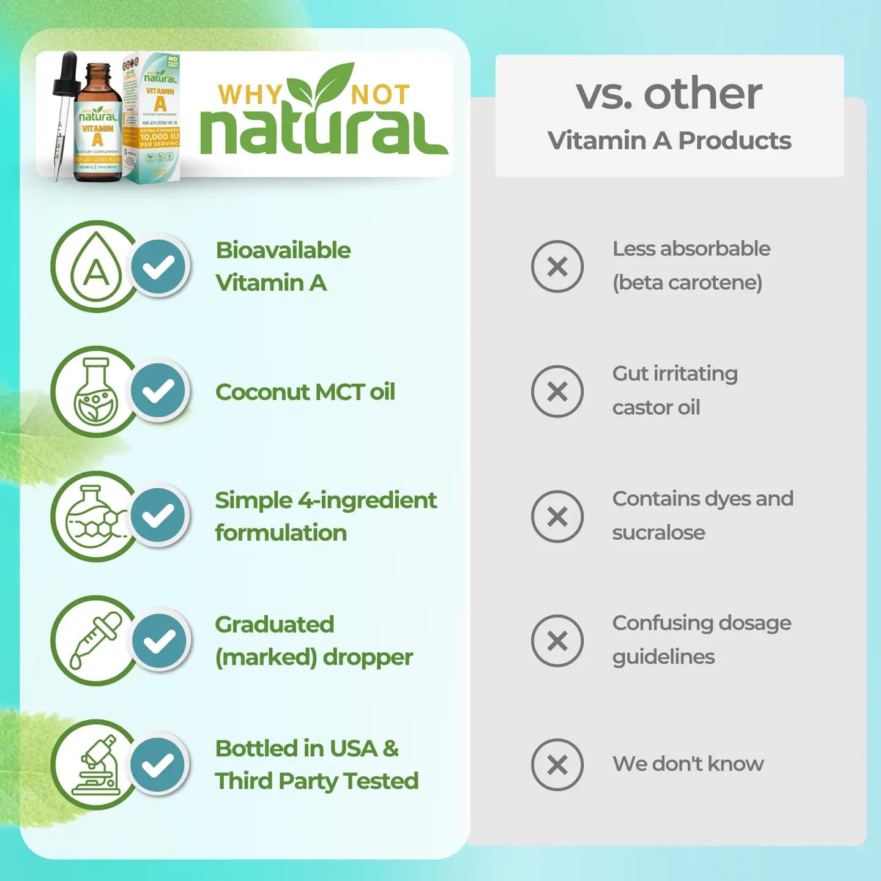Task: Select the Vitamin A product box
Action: [153, 116]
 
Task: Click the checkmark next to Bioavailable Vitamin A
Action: [158, 267]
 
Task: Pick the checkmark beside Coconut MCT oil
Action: [158, 391]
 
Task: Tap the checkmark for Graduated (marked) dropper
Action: [158, 641]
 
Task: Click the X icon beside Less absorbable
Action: [557, 267]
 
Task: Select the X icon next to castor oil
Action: [557, 392]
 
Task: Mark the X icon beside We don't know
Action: [557, 765]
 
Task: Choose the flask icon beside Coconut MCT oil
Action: [95, 392]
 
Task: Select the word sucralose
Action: [658, 533]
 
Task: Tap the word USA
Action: [353, 749]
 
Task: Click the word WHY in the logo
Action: [249, 95]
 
